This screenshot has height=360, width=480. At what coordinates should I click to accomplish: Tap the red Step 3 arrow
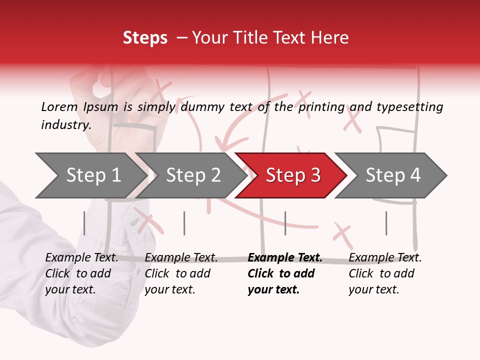[293, 175]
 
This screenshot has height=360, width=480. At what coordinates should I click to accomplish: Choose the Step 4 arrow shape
[393, 175]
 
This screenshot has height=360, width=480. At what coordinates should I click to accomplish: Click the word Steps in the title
[145, 38]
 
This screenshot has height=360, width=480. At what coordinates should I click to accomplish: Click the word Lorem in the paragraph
[59, 106]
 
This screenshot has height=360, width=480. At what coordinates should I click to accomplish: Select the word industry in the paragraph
[65, 125]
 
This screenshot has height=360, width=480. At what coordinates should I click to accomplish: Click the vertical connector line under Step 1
[84, 223]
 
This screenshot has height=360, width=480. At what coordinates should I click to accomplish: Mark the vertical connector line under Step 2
[184, 223]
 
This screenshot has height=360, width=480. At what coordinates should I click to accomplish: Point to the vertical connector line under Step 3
[285, 223]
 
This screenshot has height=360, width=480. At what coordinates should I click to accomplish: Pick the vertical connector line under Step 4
[386, 223]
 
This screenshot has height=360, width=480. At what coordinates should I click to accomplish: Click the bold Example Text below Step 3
[285, 258]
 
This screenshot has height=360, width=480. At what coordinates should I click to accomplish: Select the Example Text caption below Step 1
[82, 258]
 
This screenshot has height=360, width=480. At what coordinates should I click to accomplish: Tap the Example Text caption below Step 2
[181, 258]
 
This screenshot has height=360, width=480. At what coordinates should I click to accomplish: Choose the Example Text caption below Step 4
[385, 258]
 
